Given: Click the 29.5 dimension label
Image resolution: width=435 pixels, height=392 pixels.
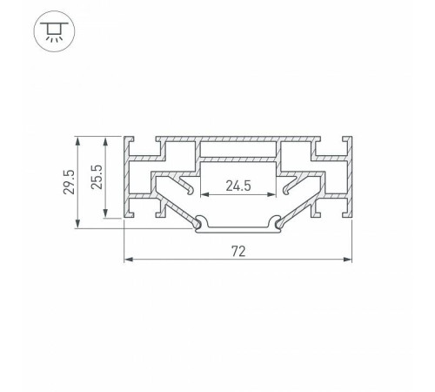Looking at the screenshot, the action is [x=70, y=182].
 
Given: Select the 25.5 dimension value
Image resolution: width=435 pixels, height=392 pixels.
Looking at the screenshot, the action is [x=97, y=177].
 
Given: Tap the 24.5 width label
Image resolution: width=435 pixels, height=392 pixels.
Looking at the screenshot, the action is [x=238, y=186].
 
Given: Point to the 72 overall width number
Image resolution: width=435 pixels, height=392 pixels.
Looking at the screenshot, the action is [x=238, y=252].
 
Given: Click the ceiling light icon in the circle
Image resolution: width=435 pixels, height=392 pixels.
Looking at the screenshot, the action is [x=54, y=31].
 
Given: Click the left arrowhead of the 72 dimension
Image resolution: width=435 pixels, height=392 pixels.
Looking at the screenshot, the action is [x=129, y=259].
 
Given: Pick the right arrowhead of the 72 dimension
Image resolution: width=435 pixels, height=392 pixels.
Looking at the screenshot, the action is [x=347, y=259].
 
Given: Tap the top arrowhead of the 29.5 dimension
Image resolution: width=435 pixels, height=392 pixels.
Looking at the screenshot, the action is [x=77, y=141].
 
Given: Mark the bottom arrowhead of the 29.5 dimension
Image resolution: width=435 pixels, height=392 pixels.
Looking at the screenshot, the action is [x=77, y=223].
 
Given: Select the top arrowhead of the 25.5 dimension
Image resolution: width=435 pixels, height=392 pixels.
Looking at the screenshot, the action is [x=105, y=141].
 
